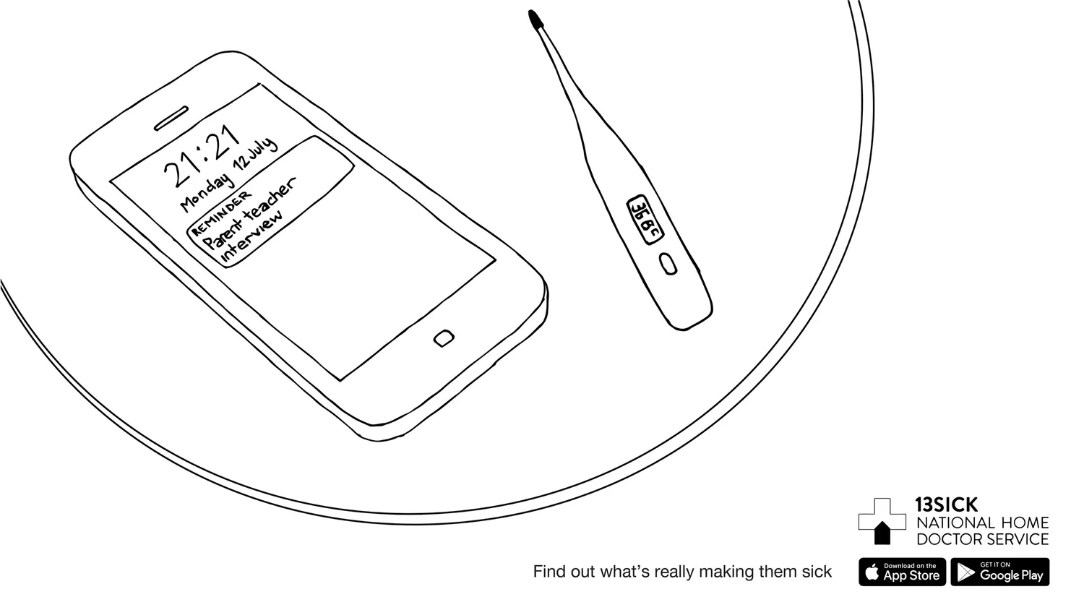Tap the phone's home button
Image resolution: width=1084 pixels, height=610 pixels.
pyautogui.click(x=444, y=338)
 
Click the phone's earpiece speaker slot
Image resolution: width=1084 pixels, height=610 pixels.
pyautogui.click(x=171, y=119)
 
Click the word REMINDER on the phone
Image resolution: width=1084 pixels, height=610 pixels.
pyautogui.click(x=221, y=212)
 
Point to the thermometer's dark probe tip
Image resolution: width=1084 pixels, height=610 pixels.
pyautogui.click(x=535, y=19)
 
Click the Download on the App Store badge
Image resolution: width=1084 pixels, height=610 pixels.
pyautogui.click(x=902, y=572)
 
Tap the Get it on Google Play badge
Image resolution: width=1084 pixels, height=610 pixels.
pyautogui.click(x=1000, y=572)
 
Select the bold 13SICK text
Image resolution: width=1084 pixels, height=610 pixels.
pyautogui.click(x=946, y=504)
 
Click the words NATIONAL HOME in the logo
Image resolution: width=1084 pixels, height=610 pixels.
pyautogui.click(x=982, y=523)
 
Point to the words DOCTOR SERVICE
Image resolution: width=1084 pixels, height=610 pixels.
pyautogui.click(x=982, y=539)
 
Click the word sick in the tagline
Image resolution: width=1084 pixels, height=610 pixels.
pyautogui.click(x=817, y=572)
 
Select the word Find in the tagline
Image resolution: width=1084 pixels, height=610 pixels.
pyautogui.click(x=548, y=572)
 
